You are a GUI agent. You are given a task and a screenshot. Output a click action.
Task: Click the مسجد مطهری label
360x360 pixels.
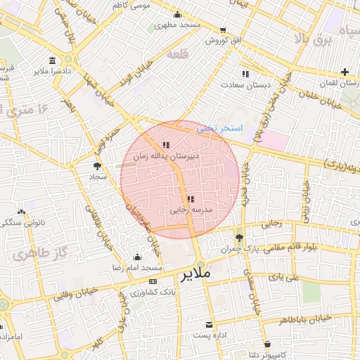(178, 25)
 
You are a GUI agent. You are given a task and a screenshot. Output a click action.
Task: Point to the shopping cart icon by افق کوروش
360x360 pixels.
(224, 30)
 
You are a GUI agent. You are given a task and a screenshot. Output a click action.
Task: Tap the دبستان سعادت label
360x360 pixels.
(246, 84)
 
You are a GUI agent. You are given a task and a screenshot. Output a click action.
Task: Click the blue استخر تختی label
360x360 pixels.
(219, 129)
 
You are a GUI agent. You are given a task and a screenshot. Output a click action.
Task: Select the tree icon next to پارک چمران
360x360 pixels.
(240, 238)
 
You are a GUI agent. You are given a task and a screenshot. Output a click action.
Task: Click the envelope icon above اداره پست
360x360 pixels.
(209, 324)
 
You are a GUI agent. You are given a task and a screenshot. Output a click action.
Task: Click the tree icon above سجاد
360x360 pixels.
(96, 166)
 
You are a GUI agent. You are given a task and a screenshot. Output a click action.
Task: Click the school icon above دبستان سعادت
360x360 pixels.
(245, 73)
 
